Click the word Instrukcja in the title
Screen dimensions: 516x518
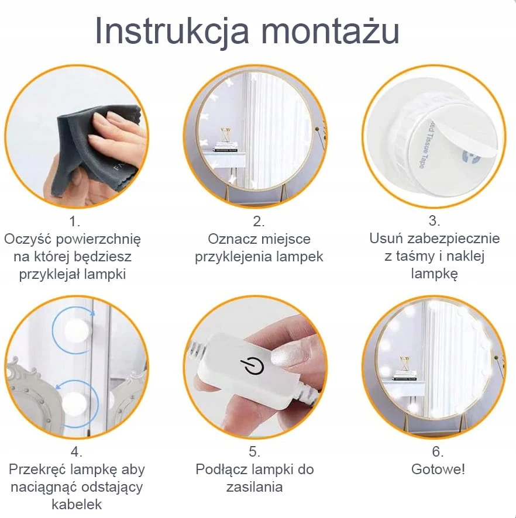172,30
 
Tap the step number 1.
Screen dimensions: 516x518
74,221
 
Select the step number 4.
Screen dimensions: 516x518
76,451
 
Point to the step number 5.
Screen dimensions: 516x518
254,451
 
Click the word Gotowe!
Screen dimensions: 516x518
438,469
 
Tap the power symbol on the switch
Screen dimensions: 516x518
252,367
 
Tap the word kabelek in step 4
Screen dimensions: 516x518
77,504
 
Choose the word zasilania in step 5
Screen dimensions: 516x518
254,487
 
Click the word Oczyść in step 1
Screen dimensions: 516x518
27,240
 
